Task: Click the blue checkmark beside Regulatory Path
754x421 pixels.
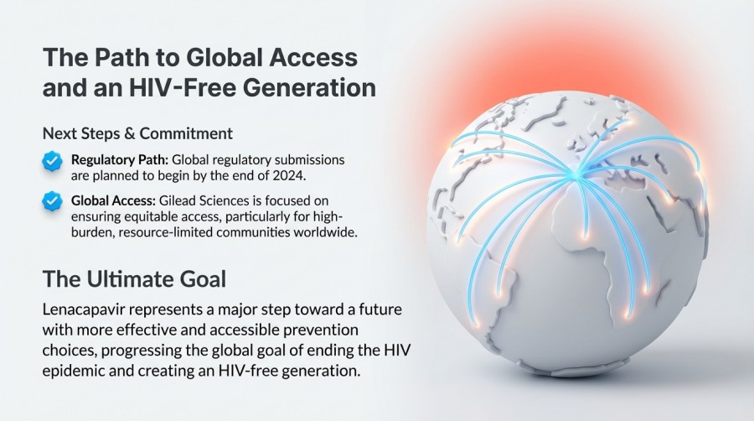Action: click(x=52, y=160)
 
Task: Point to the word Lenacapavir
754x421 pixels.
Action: click(x=83, y=309)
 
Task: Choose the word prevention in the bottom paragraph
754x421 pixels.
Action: click(x=287, y=329)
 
